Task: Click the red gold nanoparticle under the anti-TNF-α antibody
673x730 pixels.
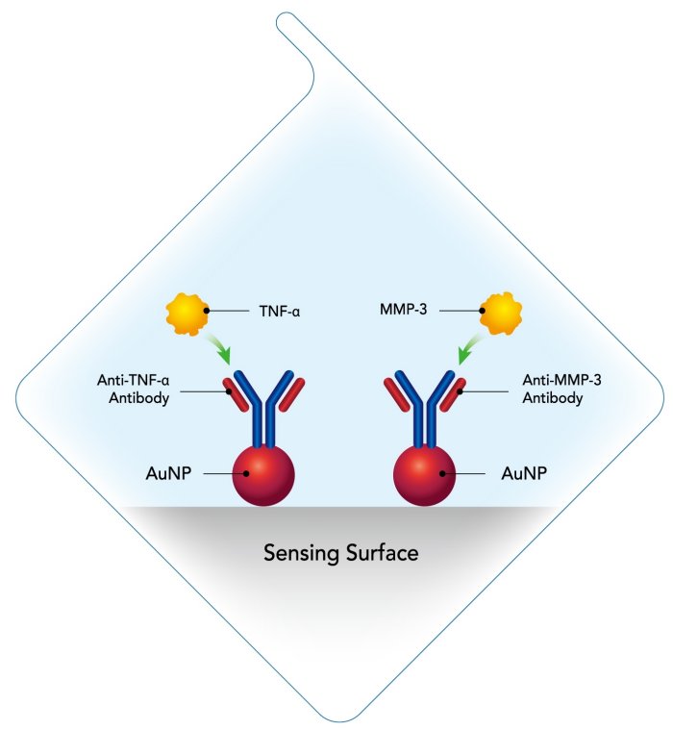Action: pyautogui.click(x=262, y=473)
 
